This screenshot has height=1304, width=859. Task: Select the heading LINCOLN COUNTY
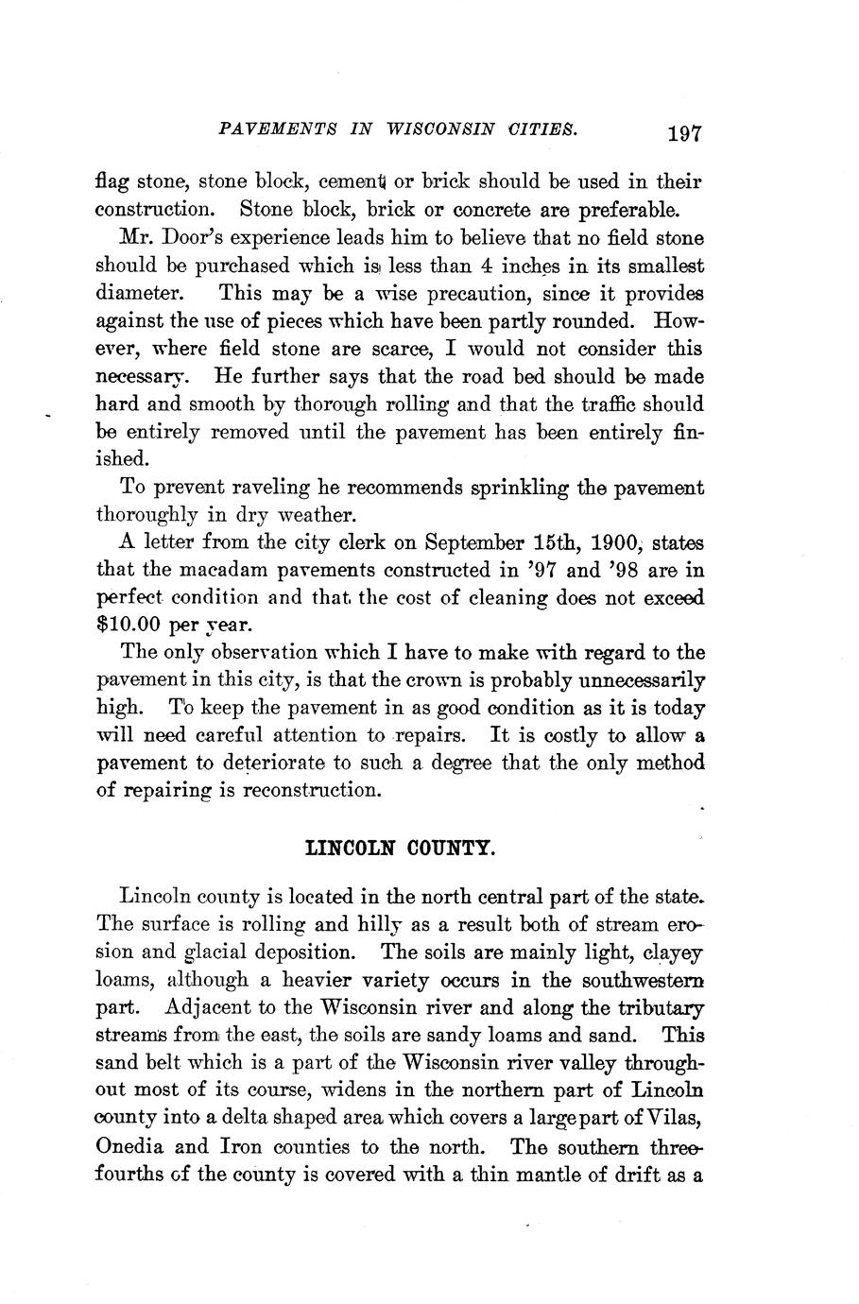tap(400, 849)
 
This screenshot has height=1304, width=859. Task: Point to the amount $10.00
tap(131, 625)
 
